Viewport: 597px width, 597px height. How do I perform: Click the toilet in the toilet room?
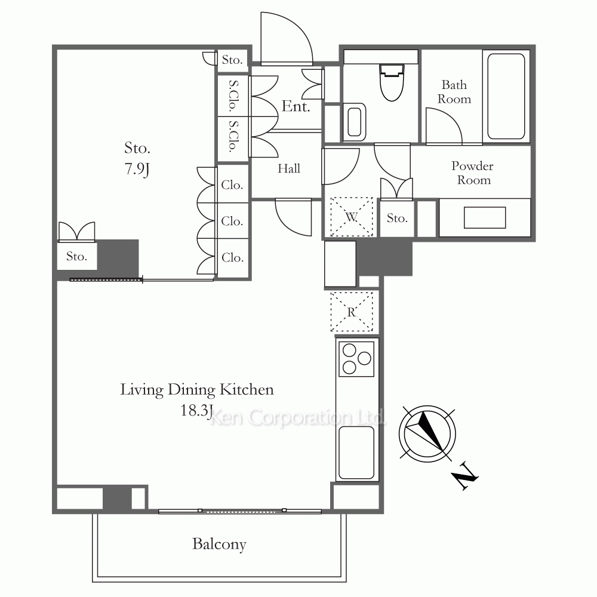392,82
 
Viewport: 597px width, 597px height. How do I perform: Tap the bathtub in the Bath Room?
506,96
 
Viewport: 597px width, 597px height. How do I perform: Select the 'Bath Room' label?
454,92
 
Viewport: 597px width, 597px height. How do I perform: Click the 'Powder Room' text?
472,173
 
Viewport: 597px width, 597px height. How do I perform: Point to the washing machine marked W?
352,217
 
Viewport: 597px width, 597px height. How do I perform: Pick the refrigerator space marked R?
352,312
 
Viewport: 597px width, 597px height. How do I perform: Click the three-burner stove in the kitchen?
356,359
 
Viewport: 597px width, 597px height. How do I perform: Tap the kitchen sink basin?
356,453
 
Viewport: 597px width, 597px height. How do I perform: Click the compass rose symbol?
427,433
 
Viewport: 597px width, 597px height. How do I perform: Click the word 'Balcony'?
219,544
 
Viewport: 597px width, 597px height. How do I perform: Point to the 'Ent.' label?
296,106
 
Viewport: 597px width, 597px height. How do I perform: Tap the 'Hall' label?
289,168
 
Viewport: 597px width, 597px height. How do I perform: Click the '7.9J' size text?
137,169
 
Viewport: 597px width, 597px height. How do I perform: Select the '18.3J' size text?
196,411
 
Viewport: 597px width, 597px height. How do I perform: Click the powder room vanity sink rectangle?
485,218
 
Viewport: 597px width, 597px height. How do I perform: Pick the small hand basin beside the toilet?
355,122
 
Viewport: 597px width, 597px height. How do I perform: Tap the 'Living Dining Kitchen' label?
197,390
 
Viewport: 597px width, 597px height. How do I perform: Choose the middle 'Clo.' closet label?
232,221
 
